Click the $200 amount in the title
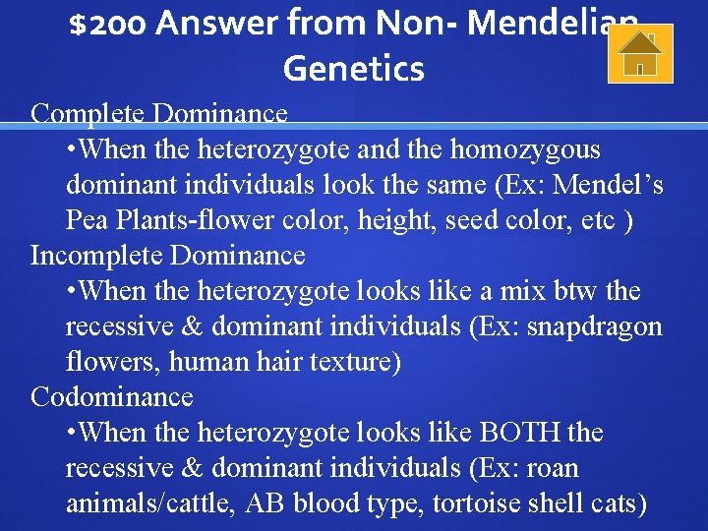click(108, 22)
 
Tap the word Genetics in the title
click(353, 69)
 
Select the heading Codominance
click(112, 397)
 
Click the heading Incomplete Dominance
click(168, 256)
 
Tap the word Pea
click(87, 220)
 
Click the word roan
click(553, 468)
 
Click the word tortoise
click(475, 503)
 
